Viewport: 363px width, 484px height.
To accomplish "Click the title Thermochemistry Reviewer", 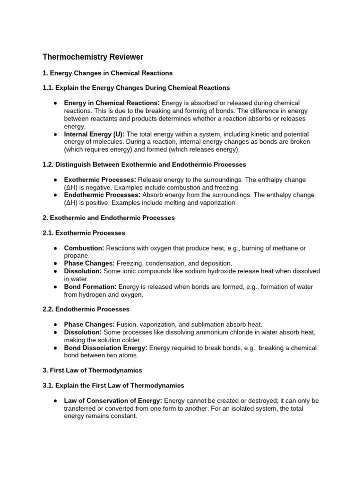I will point(93,57).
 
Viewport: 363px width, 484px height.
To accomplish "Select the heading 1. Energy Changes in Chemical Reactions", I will point(108,73).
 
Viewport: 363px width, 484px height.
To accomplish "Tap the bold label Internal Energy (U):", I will point(94,134).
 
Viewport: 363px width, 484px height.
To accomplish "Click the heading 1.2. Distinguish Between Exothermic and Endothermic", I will point(145,164).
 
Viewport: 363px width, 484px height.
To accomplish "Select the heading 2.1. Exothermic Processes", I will point(84,233).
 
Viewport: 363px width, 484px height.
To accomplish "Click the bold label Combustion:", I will point(84,248).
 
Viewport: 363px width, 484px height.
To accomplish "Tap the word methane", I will point(279,248).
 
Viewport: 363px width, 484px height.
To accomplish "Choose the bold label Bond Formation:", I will point(90,287).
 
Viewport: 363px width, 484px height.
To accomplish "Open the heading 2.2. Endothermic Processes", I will point(86,309).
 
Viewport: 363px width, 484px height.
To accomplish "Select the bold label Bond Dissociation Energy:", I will point(106,348).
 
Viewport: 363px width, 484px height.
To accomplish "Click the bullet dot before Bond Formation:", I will point(56,287).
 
